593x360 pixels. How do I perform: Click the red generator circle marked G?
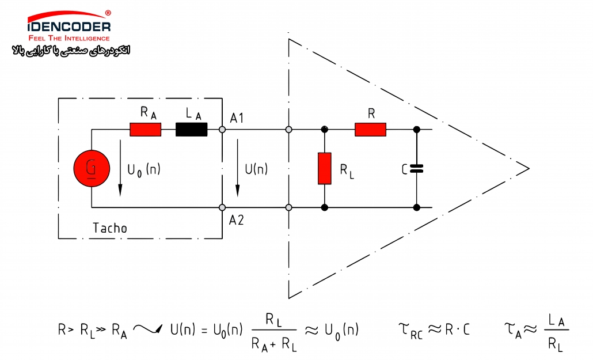pos(92,168)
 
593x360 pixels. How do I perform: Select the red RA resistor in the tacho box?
pos(146,130)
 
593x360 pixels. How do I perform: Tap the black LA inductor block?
pos(191,130)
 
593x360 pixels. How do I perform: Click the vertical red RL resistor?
pos(325,168)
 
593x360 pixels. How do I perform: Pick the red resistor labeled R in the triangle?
pos(371,130)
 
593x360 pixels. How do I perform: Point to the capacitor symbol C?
pos(416,169)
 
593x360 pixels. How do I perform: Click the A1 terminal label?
pos(237,119)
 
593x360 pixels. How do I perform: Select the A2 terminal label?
pos(237,220)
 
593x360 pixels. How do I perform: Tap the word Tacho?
pos(110,228)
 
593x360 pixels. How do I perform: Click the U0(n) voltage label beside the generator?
pos(144,169)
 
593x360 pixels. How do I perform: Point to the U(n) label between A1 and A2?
pos(256,169)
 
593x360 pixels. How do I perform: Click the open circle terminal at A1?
pos(222,130)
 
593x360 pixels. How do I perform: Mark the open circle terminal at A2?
pos(222,207)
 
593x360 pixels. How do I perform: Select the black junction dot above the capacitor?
pos(417,130)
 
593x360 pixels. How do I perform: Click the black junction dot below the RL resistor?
pos(325,207)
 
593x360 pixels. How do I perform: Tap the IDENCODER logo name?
pos(69,26)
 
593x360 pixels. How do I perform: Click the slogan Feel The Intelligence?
pos(69,38)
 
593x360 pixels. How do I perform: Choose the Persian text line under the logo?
pos(71,50)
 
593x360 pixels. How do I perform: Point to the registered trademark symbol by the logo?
pos(108,13)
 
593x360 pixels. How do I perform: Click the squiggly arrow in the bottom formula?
pos(149,329)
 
